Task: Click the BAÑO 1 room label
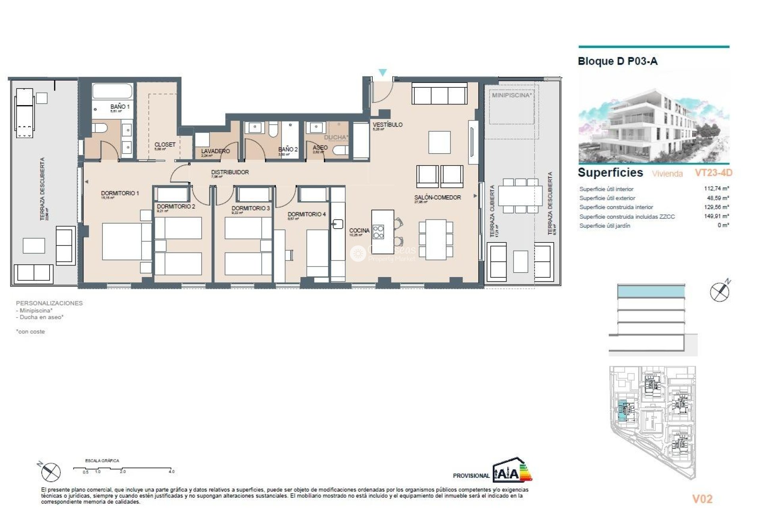(119, 107)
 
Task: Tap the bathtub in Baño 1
(112, 91)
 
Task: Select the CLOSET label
(165, 144)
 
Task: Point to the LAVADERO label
(215, 151)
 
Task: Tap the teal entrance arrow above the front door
(382, 73)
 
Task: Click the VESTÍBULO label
(387, 125)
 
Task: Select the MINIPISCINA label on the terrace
(511, 95)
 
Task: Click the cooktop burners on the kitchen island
(379, 232)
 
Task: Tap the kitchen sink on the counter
(338, 224)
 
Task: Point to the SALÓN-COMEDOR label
(437, 197)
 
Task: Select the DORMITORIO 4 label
(306, 214)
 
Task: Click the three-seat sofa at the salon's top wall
(439, 94)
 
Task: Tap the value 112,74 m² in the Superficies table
(716, 189)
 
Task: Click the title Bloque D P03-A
(617, 62)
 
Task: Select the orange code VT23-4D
(713, 173)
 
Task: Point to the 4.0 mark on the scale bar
(171, 471)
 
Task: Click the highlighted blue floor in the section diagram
(651, 292)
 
